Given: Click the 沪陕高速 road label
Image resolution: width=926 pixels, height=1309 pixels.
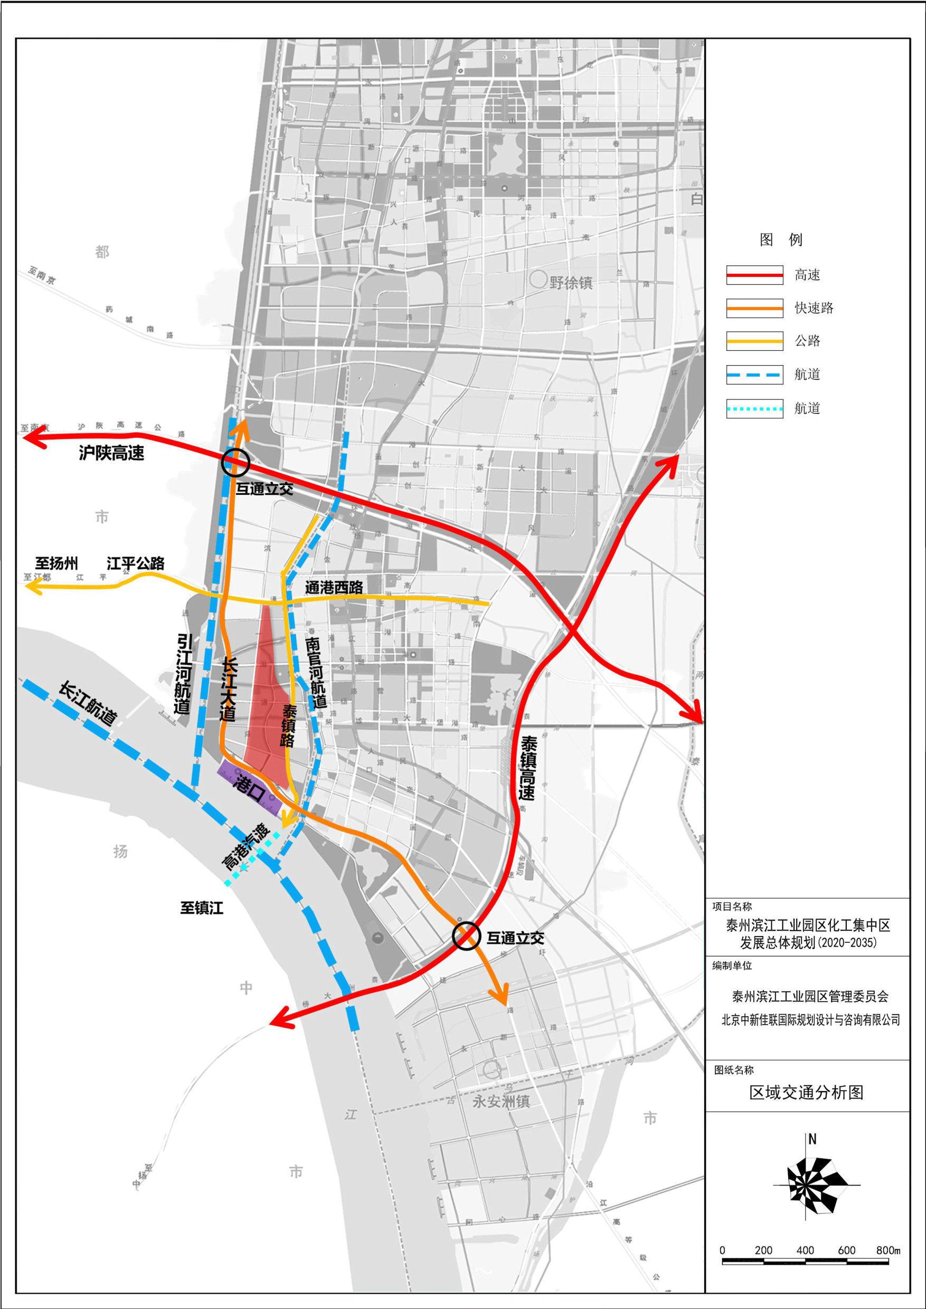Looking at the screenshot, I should (111, 453).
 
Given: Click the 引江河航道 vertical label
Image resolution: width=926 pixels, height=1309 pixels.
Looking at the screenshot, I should (183, 673).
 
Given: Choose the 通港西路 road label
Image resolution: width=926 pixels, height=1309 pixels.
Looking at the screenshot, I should (334, 587).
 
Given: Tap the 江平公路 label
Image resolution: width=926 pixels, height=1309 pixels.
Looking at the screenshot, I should (135, 563).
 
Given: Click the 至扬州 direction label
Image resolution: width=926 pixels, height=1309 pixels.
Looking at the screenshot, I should (56, 563).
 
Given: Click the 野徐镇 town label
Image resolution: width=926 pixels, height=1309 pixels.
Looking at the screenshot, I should (571, 283).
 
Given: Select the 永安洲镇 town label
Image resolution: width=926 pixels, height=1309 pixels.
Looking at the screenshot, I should (501, 1102).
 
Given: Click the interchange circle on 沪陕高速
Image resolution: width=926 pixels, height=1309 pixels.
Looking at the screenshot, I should (235, 462).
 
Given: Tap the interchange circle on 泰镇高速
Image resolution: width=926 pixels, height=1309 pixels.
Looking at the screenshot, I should (466, 935).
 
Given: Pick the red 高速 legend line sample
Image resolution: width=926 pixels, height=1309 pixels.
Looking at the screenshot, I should (754, 275).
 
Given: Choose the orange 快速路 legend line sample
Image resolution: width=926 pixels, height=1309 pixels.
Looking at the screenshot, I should (754, 308).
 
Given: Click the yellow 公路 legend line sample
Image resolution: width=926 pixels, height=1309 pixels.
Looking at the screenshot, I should (754, 341).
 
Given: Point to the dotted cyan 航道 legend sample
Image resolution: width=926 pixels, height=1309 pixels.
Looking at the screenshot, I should (754, 409).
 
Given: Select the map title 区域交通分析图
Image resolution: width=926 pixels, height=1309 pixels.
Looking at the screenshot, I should (806, 1092).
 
